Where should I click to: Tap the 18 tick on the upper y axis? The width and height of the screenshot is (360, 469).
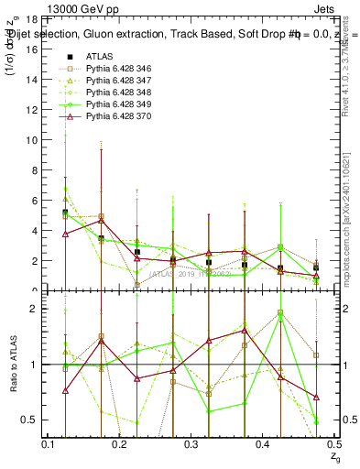pos(31,19)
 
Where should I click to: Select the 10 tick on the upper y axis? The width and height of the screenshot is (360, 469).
pos(31,140)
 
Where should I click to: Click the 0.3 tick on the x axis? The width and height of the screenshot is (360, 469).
pos(191,444)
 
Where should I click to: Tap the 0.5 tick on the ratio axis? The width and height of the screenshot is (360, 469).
pos(28,420)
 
